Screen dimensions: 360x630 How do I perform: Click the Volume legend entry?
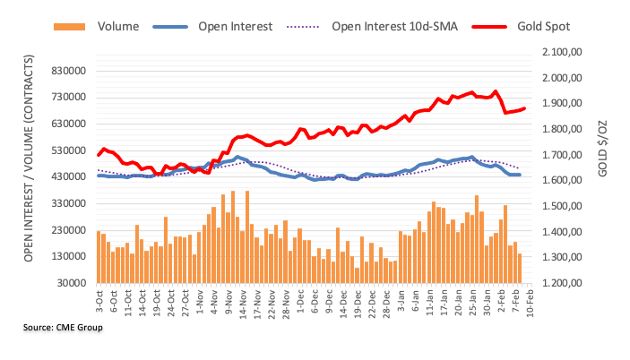[x=117, y=26]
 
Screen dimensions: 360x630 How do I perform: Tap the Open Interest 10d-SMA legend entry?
[x=393, y=26]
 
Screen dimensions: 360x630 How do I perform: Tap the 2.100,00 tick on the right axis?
[x=565, y=53]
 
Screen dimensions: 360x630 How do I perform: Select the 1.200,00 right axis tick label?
[x=565, y=283]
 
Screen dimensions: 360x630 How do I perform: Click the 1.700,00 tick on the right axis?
[x=565, y=155]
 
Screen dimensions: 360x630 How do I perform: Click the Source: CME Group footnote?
[x=64, y=329]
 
